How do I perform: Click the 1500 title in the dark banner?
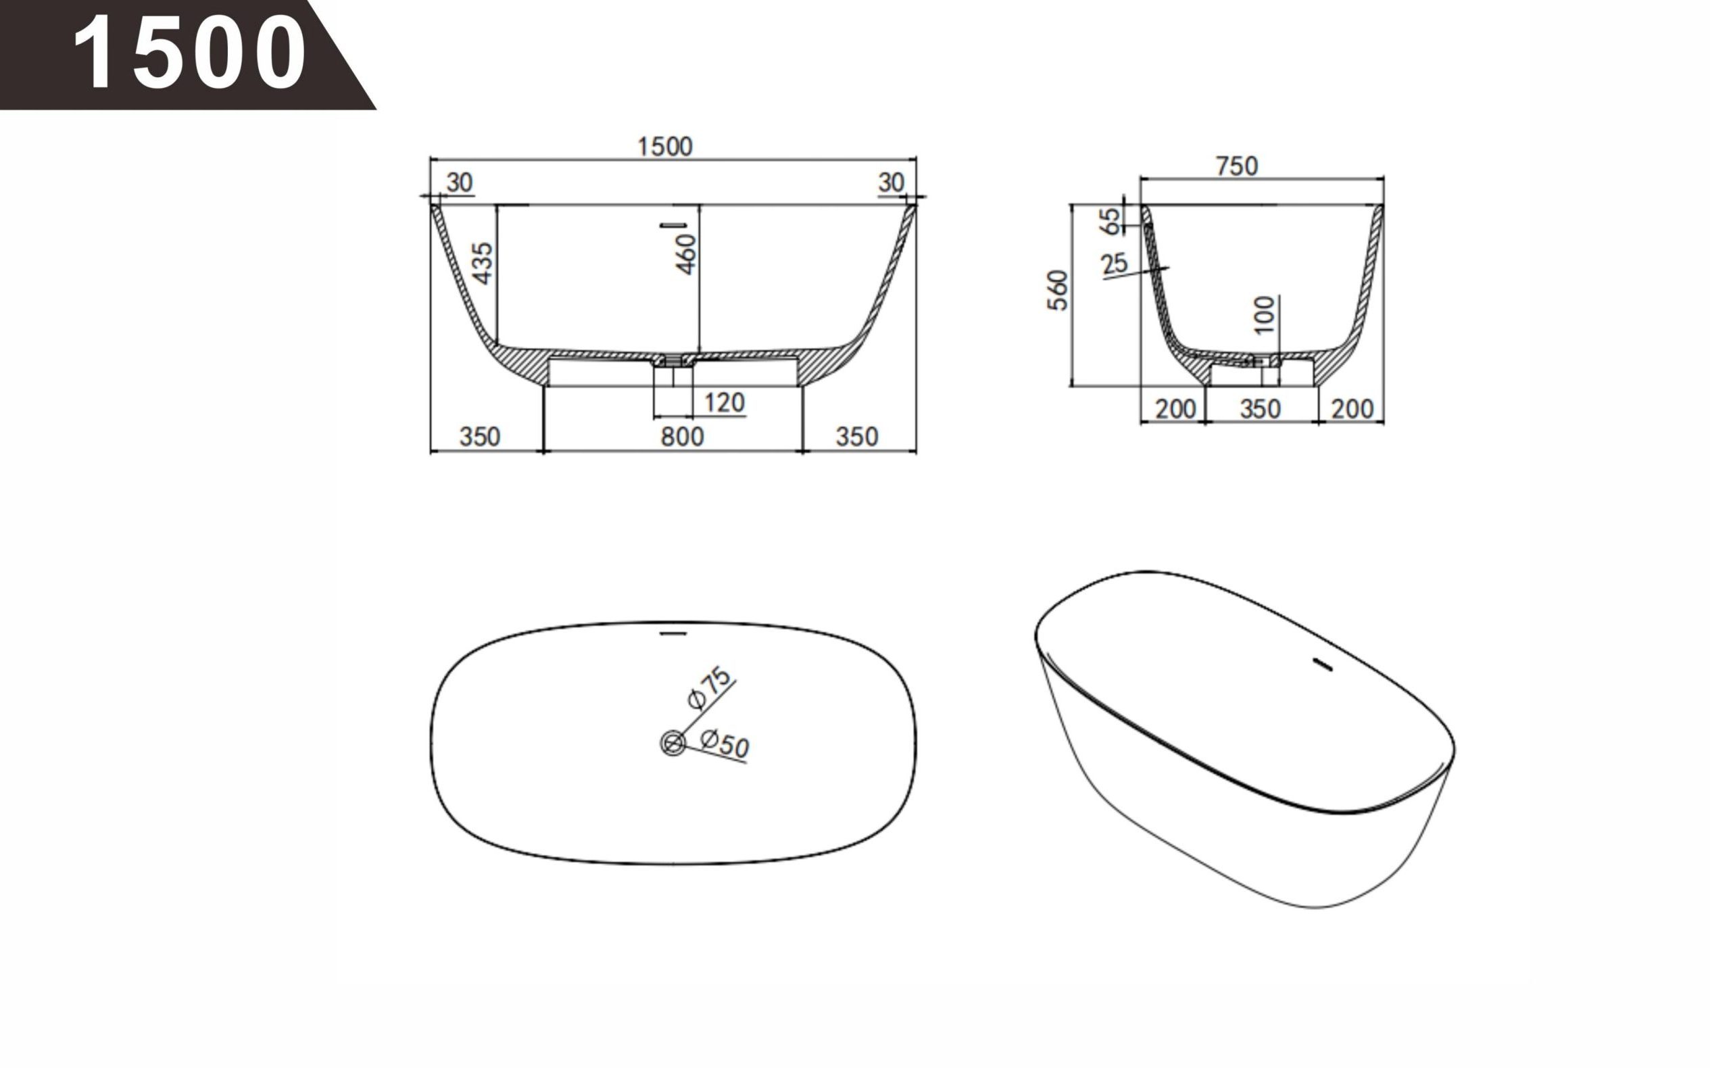(x=189, y=53)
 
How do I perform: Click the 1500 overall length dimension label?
(x=664, y=147)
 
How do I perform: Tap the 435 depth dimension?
(x=483, y=263)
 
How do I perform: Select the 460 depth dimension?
(x=685, y=254)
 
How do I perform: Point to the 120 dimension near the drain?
(x=724, y=403)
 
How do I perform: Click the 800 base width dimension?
(x=682, y=437)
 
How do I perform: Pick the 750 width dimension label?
(x=1237, y=166)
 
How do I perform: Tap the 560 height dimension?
(x=1057, y=289)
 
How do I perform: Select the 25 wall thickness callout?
(x=1115, y=264)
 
